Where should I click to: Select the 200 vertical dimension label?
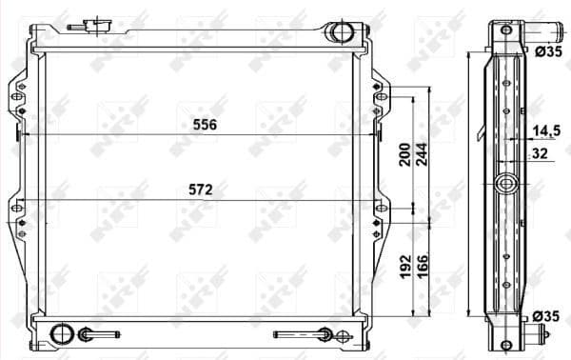(404, 153)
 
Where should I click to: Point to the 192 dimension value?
(404, 266)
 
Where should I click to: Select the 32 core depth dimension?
(541, 151)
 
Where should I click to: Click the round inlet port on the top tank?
(339, 33)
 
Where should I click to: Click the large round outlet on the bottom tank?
(61, 334)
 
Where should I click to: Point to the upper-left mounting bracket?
(19, 93)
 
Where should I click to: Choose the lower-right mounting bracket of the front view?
(381, 219)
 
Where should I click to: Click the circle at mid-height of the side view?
(506, 184)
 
